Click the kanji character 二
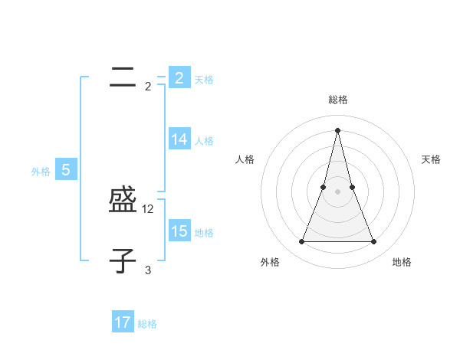click(x=123, y=77)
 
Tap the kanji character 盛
click(x=123, y=201)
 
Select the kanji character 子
click(x=123, y=261)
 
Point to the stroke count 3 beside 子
click(x=148, y=270)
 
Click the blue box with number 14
click(x=179, y=139)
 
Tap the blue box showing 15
click(x=179, y=231)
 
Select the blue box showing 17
click(x=123, y=322)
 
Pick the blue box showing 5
click(x=66, y=170)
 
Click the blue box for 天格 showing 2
click(x=179, y=77)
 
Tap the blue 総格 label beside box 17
click(x=147, y=324)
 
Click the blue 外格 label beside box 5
click(x=41, y=172)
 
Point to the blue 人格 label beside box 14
click(x=204, y=141)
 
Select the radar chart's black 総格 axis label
click(x=337, y=100)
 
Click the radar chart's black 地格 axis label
click(x=402, y=262)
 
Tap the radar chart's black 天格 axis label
click(x=431, y=159)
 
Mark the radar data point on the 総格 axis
click(x=337, y=129)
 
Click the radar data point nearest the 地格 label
click(x=374, y=242)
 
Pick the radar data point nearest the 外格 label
click(x=301, y=242)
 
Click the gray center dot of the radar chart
click(x=337, y=191)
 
